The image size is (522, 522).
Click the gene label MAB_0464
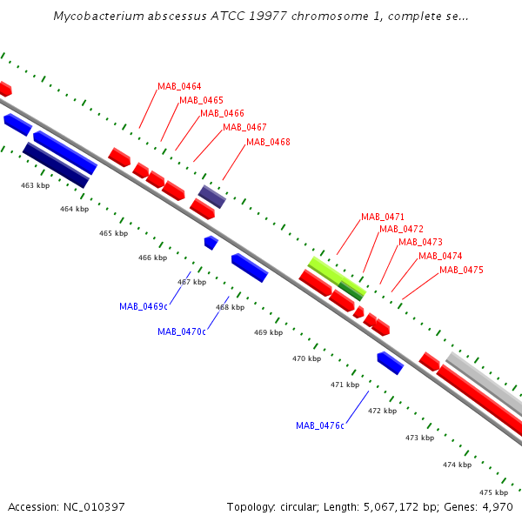click(179, 86)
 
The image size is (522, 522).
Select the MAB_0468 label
click(268, 142)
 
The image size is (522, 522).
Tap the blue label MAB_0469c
click(144, 306)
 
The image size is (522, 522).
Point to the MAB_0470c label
click(182, 332)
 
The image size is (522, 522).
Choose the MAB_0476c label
click(320, 425)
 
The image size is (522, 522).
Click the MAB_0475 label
click(461, 270)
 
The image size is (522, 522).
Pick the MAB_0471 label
click(383, 217)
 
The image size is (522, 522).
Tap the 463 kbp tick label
click(36, 185)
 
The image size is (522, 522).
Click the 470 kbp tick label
click(306, 358)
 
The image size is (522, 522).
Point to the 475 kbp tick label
click(493, 492)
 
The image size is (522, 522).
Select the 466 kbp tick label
click(153, 258)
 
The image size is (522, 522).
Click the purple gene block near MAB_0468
click(212, 197)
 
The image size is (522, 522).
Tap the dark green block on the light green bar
click(351, 291)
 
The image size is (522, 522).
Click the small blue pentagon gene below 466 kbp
click(211, 243)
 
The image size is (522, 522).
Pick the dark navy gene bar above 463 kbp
click(56, 165)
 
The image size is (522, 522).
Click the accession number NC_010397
click(94, 507)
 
